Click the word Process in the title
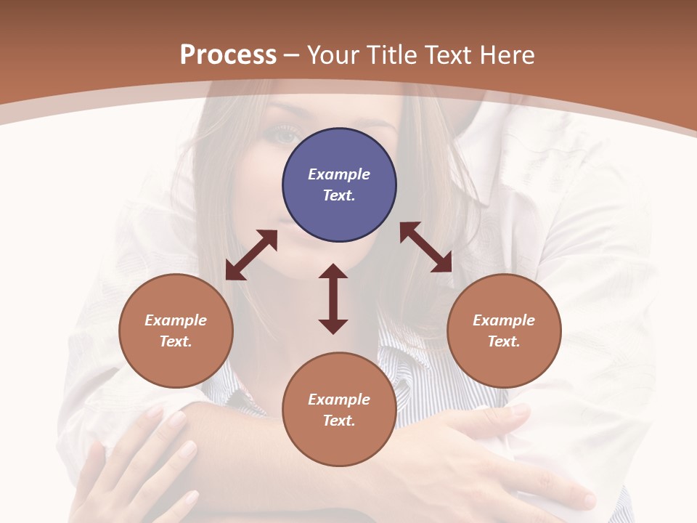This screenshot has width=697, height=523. [x=228, y=55]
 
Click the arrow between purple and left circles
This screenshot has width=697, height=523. [x=251, y=255]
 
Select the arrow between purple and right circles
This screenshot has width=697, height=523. [x=426, y=247]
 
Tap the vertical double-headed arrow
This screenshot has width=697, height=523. [x=333, y=299]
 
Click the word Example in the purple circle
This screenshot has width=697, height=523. [x=339, y=174]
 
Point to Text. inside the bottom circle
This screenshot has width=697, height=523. [x=339, y=421]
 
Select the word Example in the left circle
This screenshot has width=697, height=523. [x=176, y=320]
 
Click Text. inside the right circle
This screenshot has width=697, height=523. [x=504, y=341]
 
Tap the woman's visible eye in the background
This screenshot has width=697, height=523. [x=285, y=134]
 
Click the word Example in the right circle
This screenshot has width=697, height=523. [x=504, y=320]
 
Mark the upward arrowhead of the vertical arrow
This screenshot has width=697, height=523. [x=333, y=272]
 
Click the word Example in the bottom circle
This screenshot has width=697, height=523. [x=339, y=400]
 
